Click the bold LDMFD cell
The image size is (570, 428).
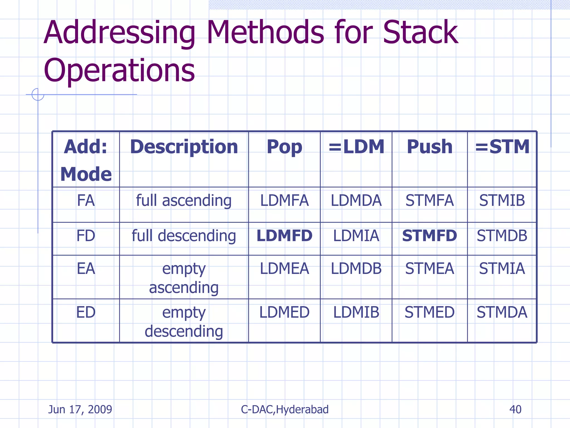click(x=284, y=236)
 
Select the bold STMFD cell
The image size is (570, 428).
click(x=429, y=236)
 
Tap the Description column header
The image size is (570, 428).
click(x=184, y=147)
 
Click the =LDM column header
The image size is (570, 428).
click(x=356, y=147)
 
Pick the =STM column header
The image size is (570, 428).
click(x=502, y=147)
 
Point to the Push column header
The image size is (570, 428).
click(x=429, y=147)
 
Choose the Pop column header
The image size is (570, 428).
click(x=284, y=147)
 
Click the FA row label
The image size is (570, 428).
click(x=86, y=201)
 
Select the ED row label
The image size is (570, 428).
click(x=86, y=312)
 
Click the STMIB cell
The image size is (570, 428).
click(x=502, y=201)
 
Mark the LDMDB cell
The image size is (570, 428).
click(x=356, y=269)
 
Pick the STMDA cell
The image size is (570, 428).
click(x=502, y=312)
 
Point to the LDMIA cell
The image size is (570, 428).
click(x=356, y=236)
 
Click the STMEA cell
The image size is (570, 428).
click(x=429, y=269)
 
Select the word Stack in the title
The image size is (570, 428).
click(x=420, y=33)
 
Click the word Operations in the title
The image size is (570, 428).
click(x=119, y=71)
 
